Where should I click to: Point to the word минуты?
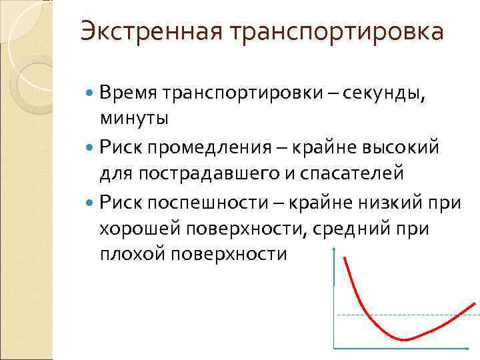(134, 119)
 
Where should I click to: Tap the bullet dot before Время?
(91, 93)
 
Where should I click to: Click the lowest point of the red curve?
(403, 340)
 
